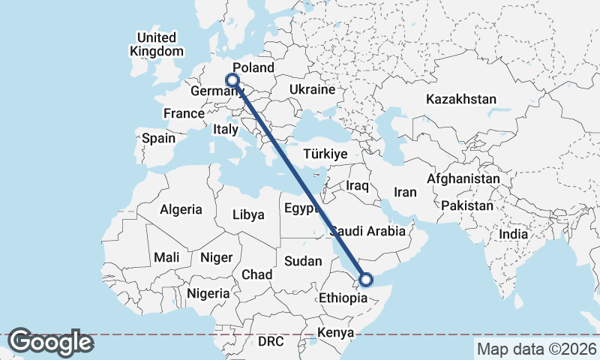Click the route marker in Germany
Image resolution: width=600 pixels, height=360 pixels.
coord(232,79)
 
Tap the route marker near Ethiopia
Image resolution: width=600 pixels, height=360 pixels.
coord(366,280)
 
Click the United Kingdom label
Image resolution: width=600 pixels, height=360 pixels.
coord(157,44)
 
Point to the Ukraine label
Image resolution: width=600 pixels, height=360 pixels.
coord(311,89)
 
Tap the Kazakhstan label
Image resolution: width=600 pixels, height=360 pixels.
coord(461,99)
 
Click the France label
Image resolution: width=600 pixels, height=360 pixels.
coord(184,113)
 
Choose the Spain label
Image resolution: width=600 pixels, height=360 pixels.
coord(158,138)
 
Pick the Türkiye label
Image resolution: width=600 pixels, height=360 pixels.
coord(325,154)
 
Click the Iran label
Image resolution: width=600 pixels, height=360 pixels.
coord(405,192)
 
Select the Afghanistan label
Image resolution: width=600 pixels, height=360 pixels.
coord(463,179)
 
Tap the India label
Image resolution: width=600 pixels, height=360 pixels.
coord(514,235)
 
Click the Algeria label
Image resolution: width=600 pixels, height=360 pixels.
coord(181,209)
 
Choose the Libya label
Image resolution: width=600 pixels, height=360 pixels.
coord(248,214)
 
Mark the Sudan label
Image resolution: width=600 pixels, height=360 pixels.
coord(303,261)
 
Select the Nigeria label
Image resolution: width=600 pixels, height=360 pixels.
coord(208,293)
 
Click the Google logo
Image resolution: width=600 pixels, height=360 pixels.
coord(51,342)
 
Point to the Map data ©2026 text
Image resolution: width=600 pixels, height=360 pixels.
coord(536,349)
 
